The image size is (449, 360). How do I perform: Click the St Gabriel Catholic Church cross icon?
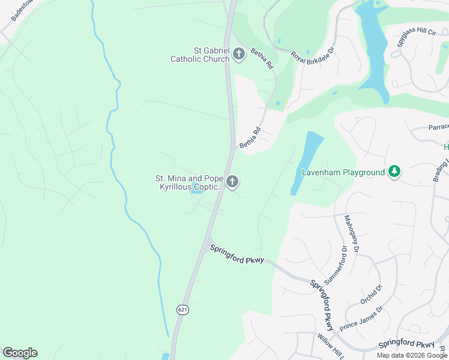(x=239, y=55)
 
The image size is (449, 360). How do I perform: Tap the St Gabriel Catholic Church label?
(x=200, y=55)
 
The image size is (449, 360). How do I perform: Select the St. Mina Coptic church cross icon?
(x=232, y=181)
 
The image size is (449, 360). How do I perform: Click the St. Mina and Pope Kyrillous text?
(x=189, y=182)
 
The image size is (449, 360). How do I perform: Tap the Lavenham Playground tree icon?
(x=394, y=172)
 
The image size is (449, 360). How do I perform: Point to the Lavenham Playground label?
(x=343, y=173)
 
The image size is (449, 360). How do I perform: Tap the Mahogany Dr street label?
(x=351, y=233)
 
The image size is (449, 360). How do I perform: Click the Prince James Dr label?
(x=361, y=319)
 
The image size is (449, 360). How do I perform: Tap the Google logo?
(x=20, y=353)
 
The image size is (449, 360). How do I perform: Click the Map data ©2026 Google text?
(x=411, y=355)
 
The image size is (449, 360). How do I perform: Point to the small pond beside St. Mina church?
(x=196, y=192)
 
